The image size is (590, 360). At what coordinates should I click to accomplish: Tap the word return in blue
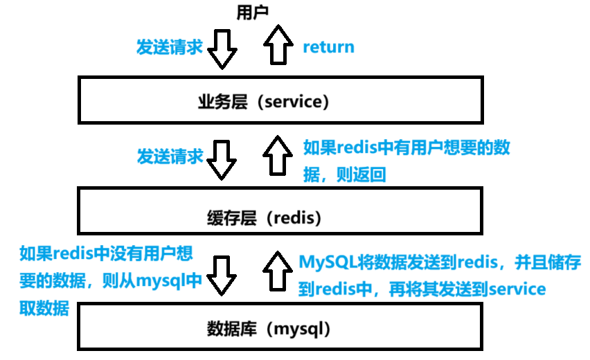click(329, 47)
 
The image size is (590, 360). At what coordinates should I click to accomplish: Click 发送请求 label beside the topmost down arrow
click(169, 47)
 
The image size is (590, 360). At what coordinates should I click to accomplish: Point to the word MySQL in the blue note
click(324, 262)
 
